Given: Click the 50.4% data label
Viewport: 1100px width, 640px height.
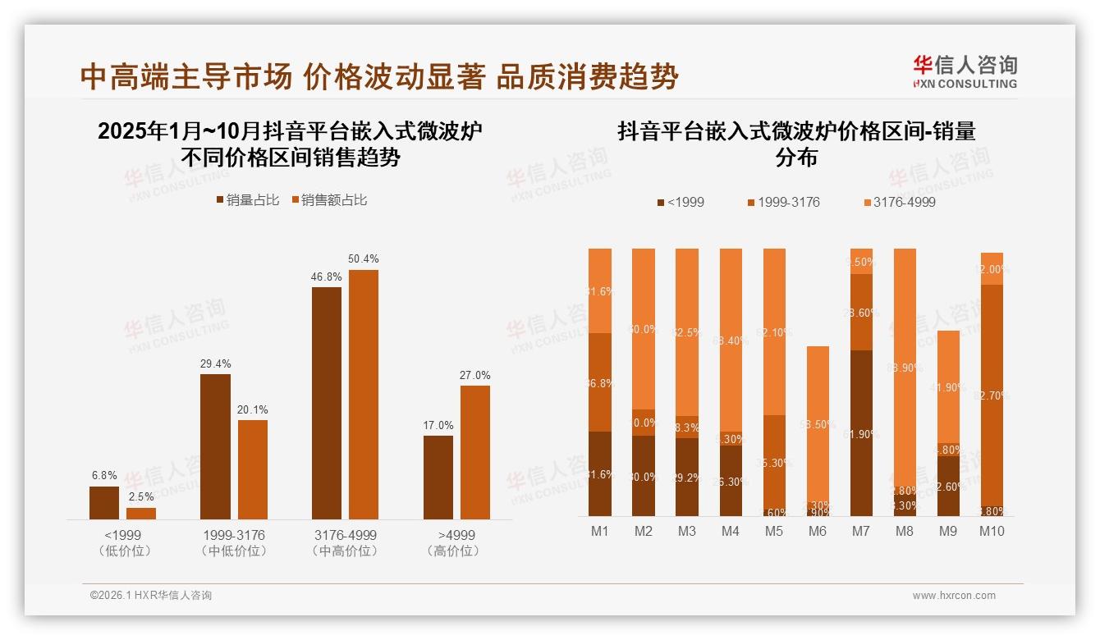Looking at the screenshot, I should tap(364, 259).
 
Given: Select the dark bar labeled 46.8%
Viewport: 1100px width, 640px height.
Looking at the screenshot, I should tap(327, 402).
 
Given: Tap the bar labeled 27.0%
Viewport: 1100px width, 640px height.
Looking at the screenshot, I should tap(474, 451).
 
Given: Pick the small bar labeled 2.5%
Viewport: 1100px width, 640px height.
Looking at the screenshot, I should tap(141, 513).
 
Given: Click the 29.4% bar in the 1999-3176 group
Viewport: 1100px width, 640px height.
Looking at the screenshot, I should tap(215, 446).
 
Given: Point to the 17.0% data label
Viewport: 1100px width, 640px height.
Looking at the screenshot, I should tap(438, 425).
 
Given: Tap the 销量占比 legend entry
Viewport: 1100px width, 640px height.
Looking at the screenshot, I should tap(247, 200).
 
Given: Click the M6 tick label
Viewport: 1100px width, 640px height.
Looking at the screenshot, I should tap(817, 531).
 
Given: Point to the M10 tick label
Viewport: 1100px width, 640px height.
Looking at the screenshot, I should tap(992, 531).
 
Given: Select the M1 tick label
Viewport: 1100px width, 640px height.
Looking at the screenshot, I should tap(600, 531).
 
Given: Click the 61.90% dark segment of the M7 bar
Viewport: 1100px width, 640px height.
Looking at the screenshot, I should tap(860, 433).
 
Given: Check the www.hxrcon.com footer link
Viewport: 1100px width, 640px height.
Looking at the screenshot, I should tap(954, 596).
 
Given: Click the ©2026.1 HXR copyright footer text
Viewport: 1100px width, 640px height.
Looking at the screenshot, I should tap(151, 596).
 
